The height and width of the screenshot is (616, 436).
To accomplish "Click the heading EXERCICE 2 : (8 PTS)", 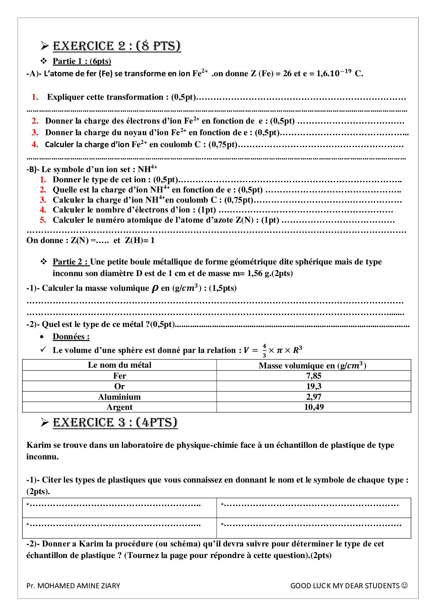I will click(116, 46).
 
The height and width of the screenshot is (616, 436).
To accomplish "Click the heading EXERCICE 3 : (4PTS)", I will click(115, 422).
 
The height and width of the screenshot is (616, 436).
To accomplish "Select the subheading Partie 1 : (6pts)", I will click(82, 61).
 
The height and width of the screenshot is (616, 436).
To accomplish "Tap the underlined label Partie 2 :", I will click(70, 262).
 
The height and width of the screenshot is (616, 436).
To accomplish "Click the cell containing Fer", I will click(120, 376).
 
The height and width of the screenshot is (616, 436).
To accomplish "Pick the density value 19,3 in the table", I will click(314, 386).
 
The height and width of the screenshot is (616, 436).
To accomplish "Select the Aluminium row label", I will click(120, 397).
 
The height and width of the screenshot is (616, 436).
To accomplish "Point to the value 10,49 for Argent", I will click(314, 407).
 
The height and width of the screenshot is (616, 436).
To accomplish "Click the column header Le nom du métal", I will click(120, 365).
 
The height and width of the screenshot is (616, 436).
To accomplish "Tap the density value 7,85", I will click(314, 376).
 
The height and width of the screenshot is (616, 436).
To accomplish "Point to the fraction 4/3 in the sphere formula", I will click(264, 350).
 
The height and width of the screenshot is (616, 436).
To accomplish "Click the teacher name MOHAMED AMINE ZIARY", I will click(78, 586).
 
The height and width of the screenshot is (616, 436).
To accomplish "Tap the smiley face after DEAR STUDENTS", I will click(404, 585).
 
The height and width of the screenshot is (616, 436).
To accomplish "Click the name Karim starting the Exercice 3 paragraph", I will click(39, 445).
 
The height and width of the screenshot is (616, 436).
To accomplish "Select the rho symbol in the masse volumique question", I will click(155, 289).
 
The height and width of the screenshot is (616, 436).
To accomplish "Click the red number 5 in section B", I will click(43, 220).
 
